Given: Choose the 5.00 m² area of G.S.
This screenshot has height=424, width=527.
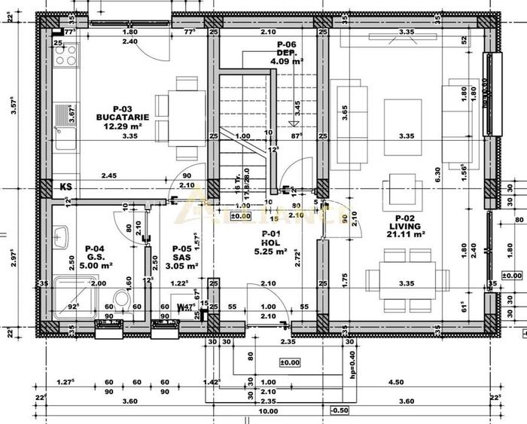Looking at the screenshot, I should coord(97,265).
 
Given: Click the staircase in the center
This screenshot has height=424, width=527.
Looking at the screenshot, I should coord(245,120).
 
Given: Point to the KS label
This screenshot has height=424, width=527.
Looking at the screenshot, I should coord(66,185).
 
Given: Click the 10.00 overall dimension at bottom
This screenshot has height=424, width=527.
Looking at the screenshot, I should coord(268,412).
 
